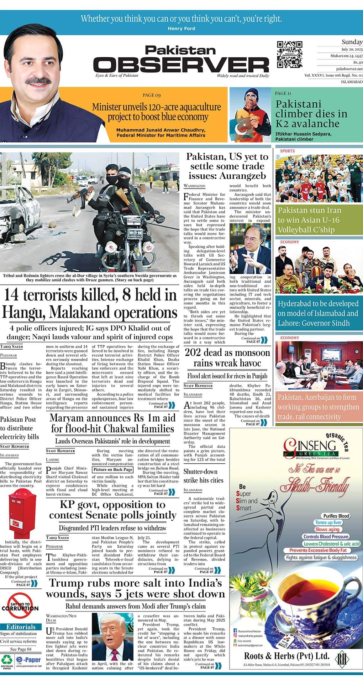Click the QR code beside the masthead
(x=289, y=54)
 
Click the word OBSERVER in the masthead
(x=181, y=65)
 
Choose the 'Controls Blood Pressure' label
(x=326, y=536)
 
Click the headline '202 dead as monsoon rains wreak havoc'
(x=227, y=358)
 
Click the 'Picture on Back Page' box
(x=113, y=469)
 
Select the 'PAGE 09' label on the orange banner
(x=152, y=95)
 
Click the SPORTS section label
(x=287, y=151)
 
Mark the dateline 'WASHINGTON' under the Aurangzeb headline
(x=194, y=186)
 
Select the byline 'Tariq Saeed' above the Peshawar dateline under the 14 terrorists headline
(x=11, y=346)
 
